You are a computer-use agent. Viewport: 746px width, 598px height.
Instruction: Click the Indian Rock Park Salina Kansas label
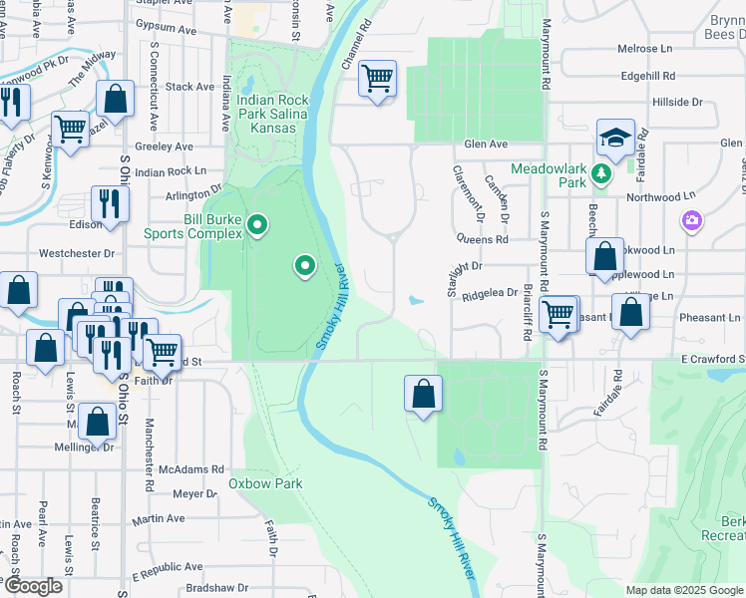(x=272, y=114)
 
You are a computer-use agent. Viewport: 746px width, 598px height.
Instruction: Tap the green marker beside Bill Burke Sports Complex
(x=258, y=226)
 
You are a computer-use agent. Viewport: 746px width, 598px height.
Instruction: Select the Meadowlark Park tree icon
(x=601, y=175)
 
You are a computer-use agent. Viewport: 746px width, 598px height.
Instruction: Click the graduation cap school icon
(x=615, y=138)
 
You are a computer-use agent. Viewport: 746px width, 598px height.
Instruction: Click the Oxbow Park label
(x=265, y=483)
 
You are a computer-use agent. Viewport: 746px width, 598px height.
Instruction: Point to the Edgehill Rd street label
(x=648, y=75)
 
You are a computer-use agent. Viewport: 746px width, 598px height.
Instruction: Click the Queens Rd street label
(x=483, y=239)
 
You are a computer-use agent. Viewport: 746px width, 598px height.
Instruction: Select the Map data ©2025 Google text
(x=683, y=590)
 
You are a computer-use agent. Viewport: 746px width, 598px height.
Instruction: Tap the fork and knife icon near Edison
(x=109, y=203)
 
